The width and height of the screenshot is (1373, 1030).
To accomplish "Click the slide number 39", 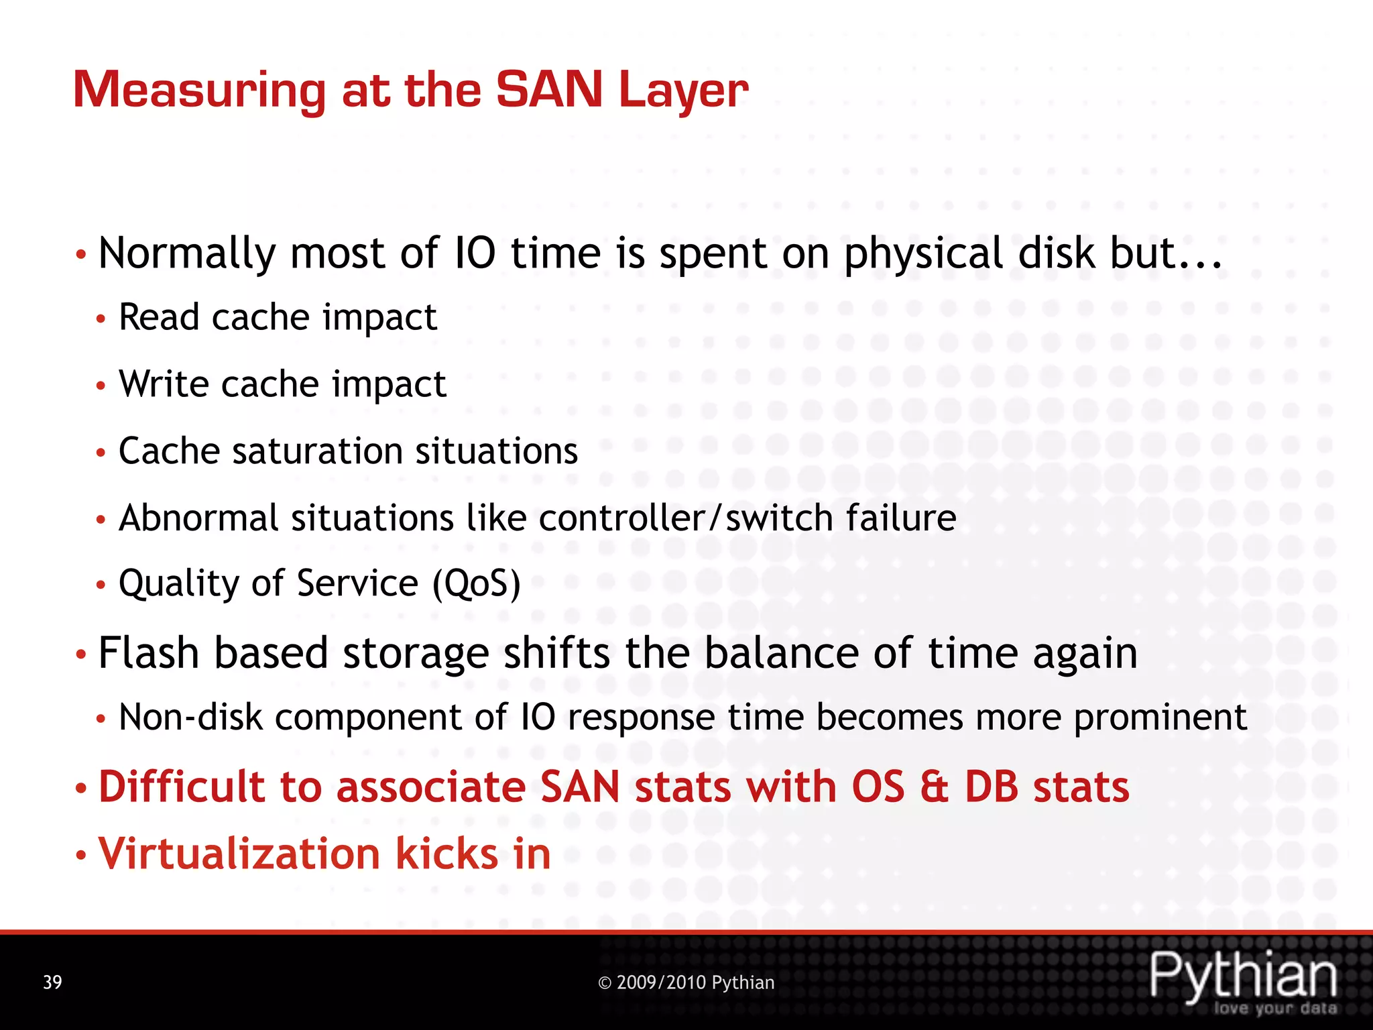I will click(x=52, y=982).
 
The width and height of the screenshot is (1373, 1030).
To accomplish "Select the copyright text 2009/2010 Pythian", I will click(x=686, y=982).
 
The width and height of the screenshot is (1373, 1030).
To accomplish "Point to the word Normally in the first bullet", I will click(x=187, y=254).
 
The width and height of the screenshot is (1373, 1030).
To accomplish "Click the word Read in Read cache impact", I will click(x=159, y=317).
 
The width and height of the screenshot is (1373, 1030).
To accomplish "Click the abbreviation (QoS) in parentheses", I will click(x=476, y=583).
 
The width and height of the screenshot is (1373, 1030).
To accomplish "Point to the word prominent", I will click(x=1160, y=718).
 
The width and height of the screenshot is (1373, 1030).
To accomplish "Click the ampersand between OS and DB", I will click(x=935, y=787).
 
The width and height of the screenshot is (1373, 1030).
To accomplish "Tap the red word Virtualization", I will click(x=239, y=854).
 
